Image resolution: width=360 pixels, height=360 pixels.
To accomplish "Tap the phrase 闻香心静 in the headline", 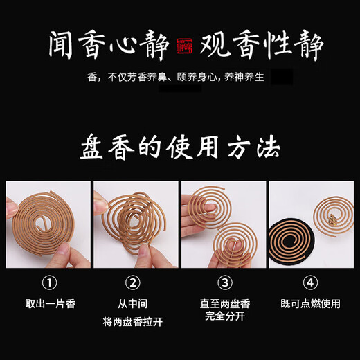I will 109,46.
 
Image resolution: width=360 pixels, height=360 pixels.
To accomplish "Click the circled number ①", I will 48,283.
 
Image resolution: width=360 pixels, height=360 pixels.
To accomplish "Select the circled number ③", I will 224,283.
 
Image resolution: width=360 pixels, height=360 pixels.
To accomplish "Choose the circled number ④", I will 312,283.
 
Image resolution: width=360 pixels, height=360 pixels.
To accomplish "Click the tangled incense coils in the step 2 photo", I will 135,222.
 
